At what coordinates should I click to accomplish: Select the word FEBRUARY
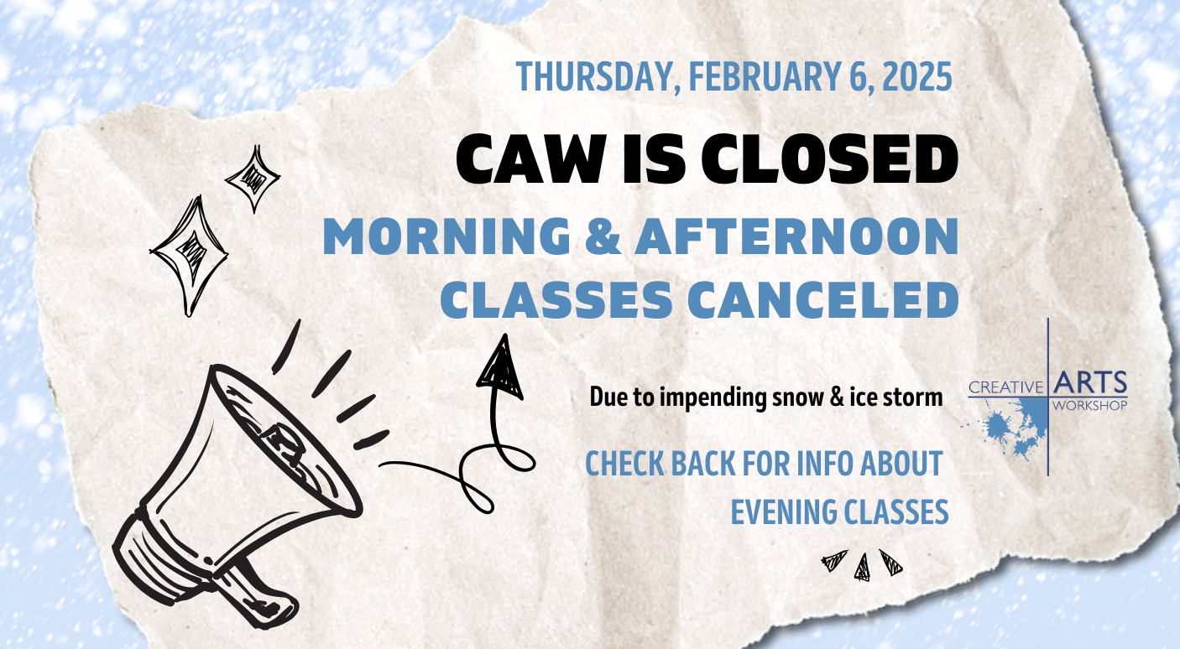click(x=765, y=77)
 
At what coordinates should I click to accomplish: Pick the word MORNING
click(x=446, y=236)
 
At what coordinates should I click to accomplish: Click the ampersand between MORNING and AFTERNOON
click(x=603, y=236)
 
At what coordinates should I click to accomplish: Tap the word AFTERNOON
click(x=796, y=236)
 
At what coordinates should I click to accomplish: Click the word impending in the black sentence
click(x=713, y=397)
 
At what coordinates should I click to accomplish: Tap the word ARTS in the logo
click(x=1090, y=382)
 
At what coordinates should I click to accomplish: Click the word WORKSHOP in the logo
click(x=1090, y=405)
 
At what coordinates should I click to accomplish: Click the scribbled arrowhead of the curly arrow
click(x=499, y=369)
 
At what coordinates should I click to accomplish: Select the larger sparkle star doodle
click(x=189, y=256)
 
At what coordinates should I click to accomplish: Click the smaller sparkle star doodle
click(x=253, y=179)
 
